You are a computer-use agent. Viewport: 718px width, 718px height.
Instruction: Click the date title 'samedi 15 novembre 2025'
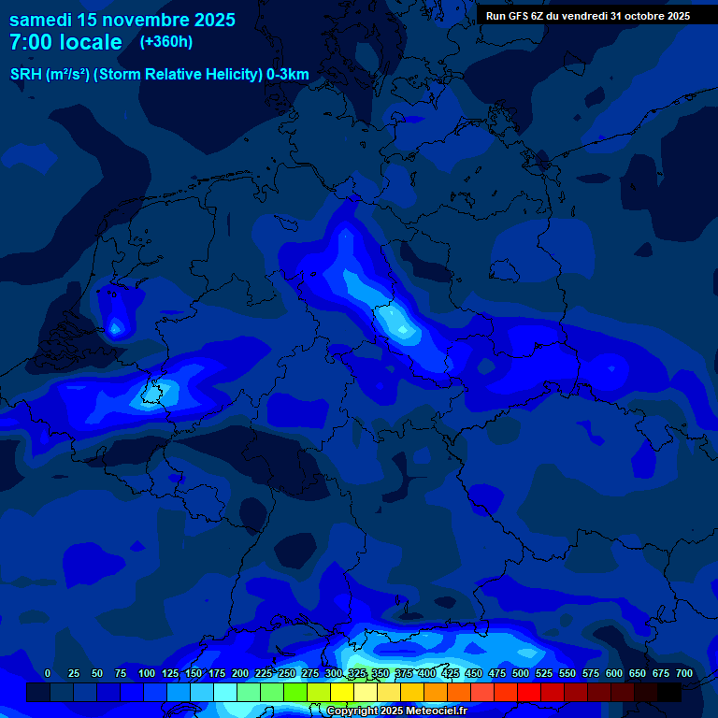[122, 20]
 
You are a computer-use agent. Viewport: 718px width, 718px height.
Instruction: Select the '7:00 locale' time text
[65, 42]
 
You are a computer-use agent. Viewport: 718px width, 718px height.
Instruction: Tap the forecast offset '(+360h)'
[166, 42]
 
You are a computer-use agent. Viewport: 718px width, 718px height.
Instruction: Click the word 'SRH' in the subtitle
[27, 75]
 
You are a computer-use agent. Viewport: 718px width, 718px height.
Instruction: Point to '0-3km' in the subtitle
[288, 75]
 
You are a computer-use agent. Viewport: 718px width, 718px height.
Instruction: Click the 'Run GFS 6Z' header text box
[588, 15]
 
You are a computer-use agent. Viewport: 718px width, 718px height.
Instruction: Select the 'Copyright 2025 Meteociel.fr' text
[396, 711]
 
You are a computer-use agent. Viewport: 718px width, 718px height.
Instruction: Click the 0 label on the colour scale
[48, 673]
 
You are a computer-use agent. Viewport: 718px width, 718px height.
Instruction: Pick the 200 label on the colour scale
[240, 673]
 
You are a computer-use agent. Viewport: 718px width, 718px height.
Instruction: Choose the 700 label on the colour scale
[684, 673]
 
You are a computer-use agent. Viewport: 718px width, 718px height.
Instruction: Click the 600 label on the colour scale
[614, 673]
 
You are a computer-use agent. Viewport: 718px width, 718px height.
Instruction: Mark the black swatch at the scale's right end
[669, 692]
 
